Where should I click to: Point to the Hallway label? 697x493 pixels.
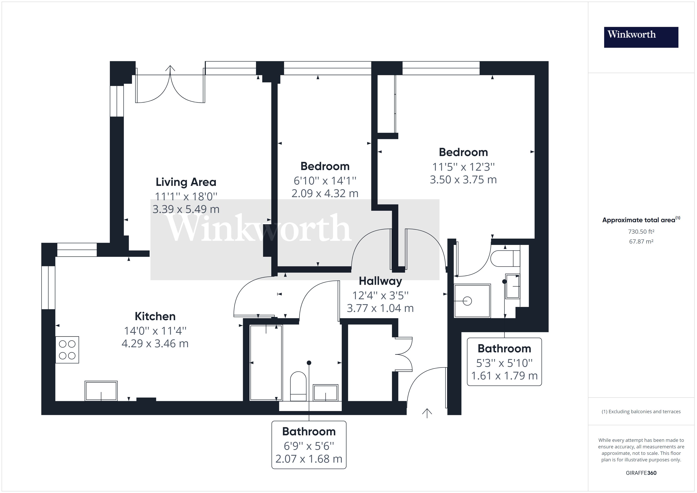(x=380, y=281)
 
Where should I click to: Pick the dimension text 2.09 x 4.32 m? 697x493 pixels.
(x=325, y=193)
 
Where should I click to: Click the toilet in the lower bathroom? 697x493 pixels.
(x=298, y=386)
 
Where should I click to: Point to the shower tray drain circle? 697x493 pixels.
(x=467, y=301)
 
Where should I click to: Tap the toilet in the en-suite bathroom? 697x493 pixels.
(x=505, y=258)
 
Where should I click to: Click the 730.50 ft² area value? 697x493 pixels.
(x=641, y=232)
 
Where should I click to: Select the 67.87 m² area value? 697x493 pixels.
(x=641, y=242)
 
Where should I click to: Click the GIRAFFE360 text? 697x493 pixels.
(x=641, y=473)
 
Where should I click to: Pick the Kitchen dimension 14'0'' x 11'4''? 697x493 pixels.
(x=155, y=331)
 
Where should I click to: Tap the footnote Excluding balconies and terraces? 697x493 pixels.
(x=641, y=412)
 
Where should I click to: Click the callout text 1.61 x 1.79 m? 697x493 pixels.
(x=504, y=376)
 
